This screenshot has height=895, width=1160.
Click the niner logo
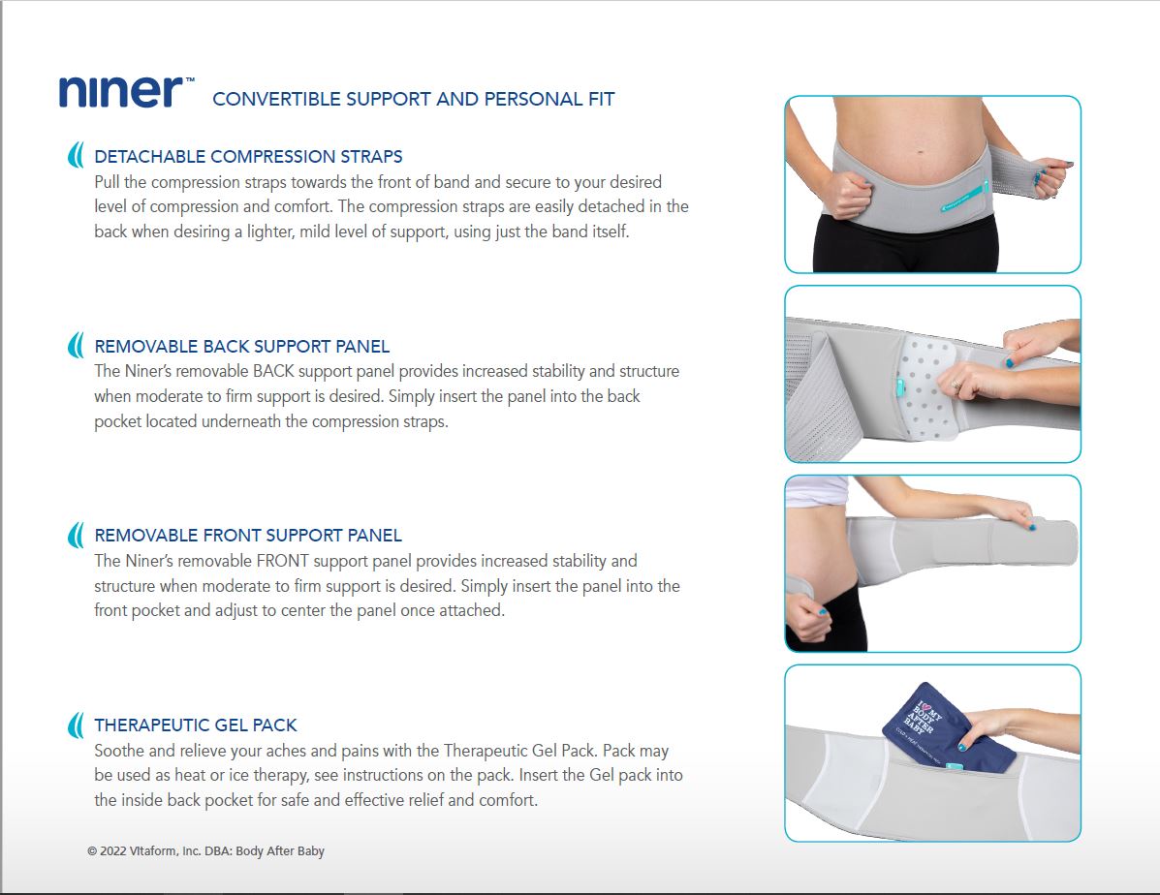pos(127,92)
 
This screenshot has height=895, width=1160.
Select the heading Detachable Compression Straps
pos(248,157)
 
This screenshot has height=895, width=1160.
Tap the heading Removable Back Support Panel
pos(242,346)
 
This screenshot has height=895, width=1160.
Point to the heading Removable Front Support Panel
pos(248,536)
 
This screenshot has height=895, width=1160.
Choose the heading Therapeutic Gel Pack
pos(196,725)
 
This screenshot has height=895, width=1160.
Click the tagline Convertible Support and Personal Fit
pos(414,99)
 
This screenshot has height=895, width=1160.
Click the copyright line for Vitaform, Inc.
pos(205,851)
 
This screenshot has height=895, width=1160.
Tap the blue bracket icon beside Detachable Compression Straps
pos(76,155)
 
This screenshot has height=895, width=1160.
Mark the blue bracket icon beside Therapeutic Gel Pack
pos(76,725)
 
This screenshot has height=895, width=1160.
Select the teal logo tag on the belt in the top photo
pos(965,197)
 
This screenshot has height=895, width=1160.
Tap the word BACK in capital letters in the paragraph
pos(273,371)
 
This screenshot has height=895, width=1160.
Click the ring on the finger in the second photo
pos(956,385)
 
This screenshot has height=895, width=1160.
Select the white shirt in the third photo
pos(817,491)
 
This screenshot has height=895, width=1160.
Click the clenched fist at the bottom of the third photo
pos(808,616)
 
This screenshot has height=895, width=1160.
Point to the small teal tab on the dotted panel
pos(899,387)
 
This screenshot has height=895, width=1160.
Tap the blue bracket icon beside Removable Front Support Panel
pos(76,535)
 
